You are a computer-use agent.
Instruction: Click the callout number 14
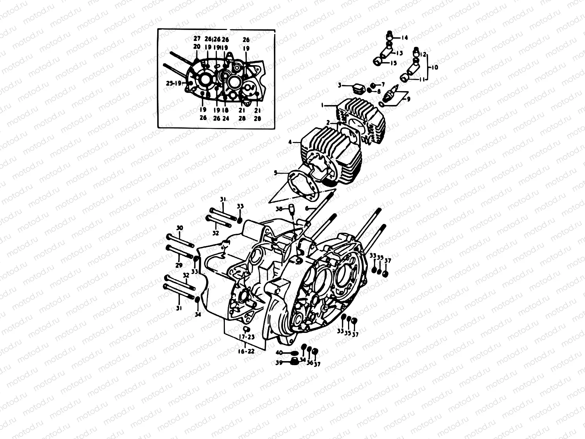tap(405, 38)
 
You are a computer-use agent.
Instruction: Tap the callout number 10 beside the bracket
tap(434, 68)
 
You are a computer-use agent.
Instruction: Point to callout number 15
tap(393, 63)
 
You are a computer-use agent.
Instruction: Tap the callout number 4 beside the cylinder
tap(290, 143)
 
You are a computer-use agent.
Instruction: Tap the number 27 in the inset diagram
tap(197, 38)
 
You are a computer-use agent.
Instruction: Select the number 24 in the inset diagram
tap(226, 118)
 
